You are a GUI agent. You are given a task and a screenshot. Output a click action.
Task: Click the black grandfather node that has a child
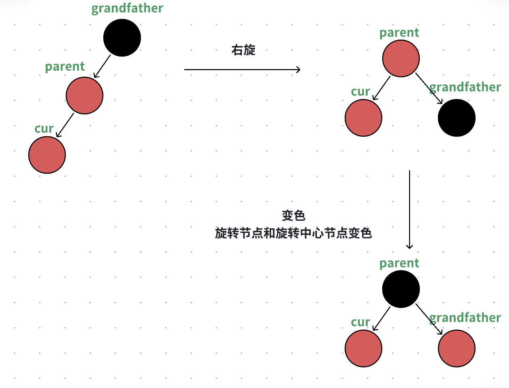pyautogui.click(x=122, y=38)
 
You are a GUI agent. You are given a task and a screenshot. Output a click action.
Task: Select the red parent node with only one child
pyautogui.click(x=84, y=95)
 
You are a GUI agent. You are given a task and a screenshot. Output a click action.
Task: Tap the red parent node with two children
pyautogui.click(x=401, y=58)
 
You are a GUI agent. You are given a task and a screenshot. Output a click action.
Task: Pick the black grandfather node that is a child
pyautogui.click(x=457, y=118)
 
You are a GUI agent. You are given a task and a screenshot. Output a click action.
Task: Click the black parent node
pyautogui.click(x=401, y=289)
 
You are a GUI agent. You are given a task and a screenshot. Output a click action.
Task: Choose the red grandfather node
pyautogui.click(x=457, y=348)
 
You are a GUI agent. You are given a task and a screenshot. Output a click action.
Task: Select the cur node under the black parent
pyautogui.click(x=363, y=348)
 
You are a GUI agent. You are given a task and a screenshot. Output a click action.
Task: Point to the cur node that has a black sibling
pyautogui.click(x=363, y=118)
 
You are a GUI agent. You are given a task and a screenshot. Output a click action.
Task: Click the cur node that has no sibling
pyautogui.click(x=47, y=155)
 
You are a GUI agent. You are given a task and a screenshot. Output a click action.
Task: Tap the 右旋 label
pyautogui.click(x=243, y=50)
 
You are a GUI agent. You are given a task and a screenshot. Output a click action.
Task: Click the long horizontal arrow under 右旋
pyautogui.click(x=242, y=70)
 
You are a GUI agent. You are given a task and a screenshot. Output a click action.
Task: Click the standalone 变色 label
pyautogui.click(x=293, y=215)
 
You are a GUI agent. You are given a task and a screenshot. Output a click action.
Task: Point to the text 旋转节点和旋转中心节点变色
pyautogui.click(x=293, y=233)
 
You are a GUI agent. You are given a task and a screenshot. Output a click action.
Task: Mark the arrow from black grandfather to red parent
pyautogui.click(x=102, y=66)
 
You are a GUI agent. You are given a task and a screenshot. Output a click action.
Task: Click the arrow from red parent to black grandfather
pyautogui.click(x=429, y=89)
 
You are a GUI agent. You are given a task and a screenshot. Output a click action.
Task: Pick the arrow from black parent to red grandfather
pyautogui.click(x=429, y=319)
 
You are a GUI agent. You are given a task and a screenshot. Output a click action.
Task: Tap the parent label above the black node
pyautogui.click(x=399, y=263)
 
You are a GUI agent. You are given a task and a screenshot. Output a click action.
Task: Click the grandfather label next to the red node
pyautogui.click(x=465, y=318)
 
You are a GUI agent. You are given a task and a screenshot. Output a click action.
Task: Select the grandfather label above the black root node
pyautogui.click(x=127, y=8)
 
